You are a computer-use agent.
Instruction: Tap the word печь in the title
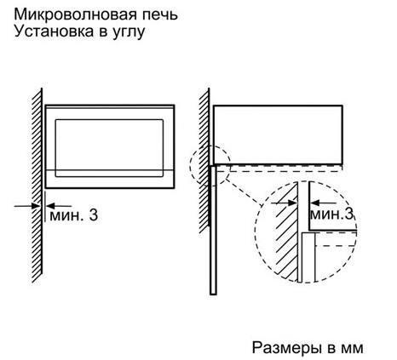(160, 14)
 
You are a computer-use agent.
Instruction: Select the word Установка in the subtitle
(54, 31)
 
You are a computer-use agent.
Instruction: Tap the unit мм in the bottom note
(353, 349)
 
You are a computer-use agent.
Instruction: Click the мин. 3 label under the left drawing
(74, 215)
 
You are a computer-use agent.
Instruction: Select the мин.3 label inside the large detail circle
(332, 214)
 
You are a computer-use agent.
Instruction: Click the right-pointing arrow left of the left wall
(27, 206)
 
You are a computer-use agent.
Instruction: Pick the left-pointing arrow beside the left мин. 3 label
(59, 206)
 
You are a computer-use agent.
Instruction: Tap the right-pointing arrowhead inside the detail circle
(292, 203)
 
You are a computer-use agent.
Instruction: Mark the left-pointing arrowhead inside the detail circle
(315, 203)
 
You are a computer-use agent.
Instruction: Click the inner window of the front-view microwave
(109, 148)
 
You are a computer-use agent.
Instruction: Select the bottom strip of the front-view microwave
(110, 179)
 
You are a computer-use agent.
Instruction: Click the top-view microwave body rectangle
(278, 134)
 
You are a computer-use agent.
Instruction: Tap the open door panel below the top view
(213, 230)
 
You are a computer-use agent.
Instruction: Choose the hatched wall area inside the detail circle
(285, 231)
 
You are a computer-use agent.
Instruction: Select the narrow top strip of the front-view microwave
(110, 107)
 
